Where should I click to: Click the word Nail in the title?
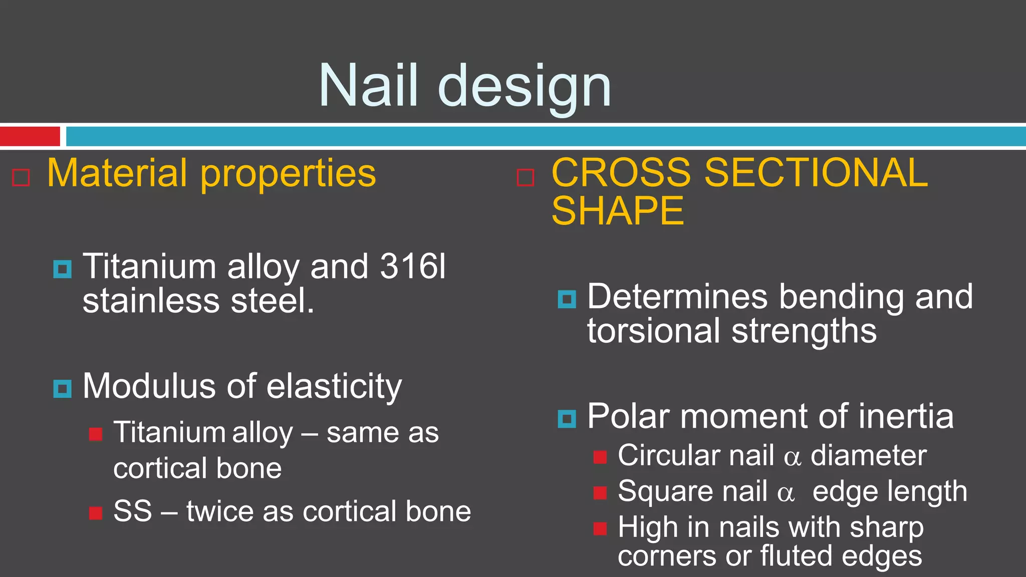pyautogui.click(x=368, y=86)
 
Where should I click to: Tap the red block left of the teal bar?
pyautogui.click(x=30, y=136)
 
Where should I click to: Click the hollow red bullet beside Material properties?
pyautogui.click(x=21, y=177)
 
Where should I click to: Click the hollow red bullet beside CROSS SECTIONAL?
pyautogui.click(x=525, y=177)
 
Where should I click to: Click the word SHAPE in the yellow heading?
pyautogui.click(x=617, y=211)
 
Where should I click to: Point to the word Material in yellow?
pyautogui.click(x=118, y=173)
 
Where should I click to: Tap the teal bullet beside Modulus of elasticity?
pyautogui.click(x=62, y=389)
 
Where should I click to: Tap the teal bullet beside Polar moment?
pyautogui.click(x=567, y=419)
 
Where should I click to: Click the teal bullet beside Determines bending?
pyautogui.click(x=567, y=299)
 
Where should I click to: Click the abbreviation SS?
pyautogui.click(x=132, y=511)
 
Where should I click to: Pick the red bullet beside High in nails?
pyautogui.click(x=600, y=529)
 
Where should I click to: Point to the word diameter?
pyautogui.click(x=868, y=455)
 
